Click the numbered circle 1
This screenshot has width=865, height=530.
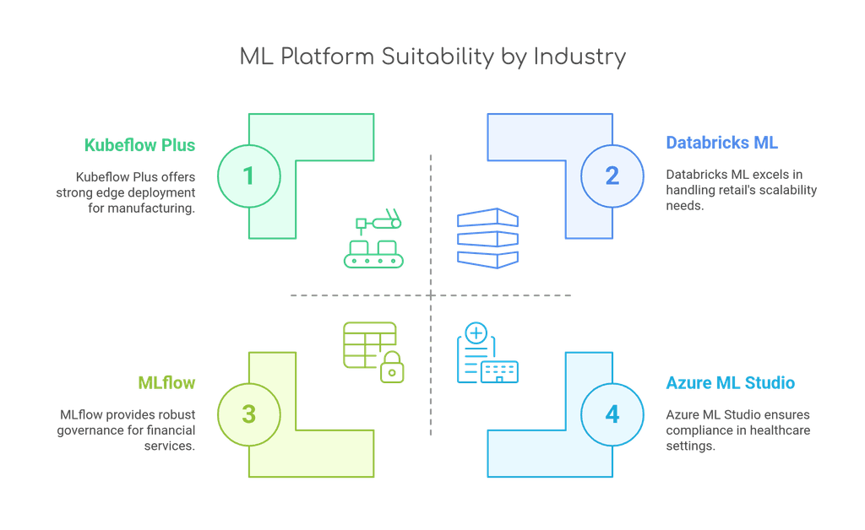pos(248,176)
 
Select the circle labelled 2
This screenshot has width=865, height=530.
pos(612,176)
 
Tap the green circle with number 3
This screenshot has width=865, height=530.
pos(248,414)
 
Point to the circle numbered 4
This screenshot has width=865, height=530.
pos(612,414)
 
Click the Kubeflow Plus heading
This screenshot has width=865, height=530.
pos(139,145)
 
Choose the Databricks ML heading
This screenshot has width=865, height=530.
pos(721,143)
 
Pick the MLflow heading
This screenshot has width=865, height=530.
pos(166,383)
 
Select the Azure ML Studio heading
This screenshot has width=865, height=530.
pos(730,383)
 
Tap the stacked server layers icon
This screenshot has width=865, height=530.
pos(487,239)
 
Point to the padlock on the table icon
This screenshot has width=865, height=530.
pos(391,369)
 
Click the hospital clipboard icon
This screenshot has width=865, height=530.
pos(487,354)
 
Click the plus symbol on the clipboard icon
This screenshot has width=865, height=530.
pos(476,334)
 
